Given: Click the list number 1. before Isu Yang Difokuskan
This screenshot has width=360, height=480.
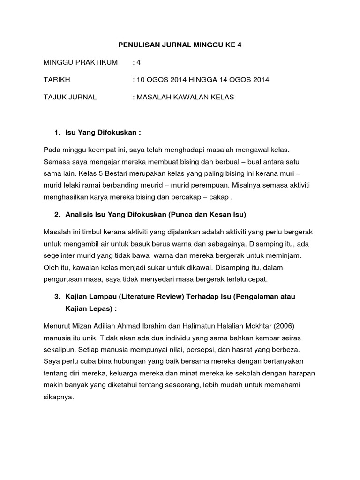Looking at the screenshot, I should point(58,133).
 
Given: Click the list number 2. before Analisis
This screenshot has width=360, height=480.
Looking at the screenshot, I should point(58,215).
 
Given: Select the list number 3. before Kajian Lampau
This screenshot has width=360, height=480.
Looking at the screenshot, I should point(58,297).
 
